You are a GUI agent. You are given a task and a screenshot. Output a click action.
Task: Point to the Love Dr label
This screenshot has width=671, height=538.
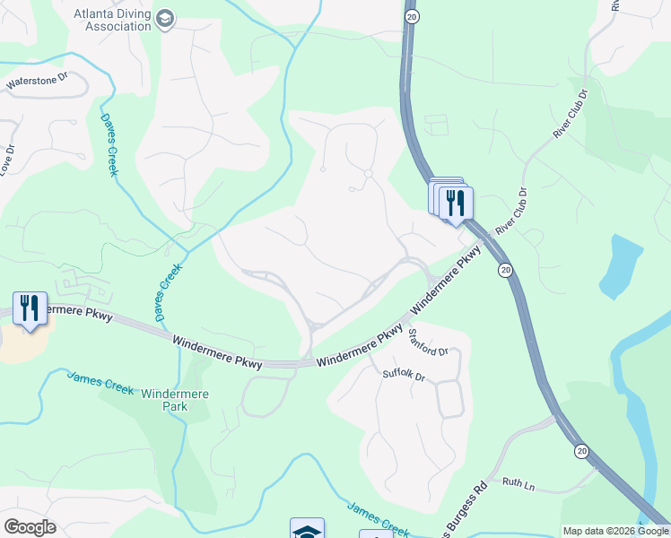(x=6, y=160)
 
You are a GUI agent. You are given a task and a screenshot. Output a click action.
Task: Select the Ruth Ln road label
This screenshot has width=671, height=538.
(x=518, y=485)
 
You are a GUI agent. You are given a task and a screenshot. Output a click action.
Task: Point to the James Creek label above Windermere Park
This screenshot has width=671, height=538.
(x=100, y=383)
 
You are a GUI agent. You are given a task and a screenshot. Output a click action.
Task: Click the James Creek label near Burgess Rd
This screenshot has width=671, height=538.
(x=379, y=518)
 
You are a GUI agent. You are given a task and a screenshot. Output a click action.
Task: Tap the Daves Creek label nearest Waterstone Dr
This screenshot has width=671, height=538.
(x=109, y=144)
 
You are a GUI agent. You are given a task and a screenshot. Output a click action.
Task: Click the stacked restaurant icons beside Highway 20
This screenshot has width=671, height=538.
(x=451, y=199)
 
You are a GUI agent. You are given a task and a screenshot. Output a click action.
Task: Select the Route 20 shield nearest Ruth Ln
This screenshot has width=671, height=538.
(x=582, y=451)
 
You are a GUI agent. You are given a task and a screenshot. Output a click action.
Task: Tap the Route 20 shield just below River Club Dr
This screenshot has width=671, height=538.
(x=506, y=269)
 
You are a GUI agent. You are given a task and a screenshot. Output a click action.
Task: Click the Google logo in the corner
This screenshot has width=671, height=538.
(x=29, y=527)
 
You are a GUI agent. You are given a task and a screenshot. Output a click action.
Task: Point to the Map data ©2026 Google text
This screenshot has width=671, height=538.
(x=615, y=530)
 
